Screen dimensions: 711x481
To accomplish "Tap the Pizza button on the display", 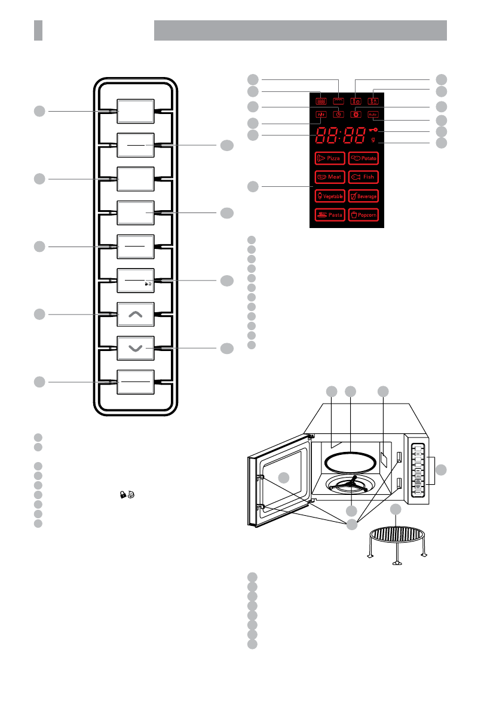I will [328, 158].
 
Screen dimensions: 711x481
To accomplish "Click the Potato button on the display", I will [363, 158].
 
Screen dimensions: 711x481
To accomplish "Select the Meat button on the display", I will [328, 177].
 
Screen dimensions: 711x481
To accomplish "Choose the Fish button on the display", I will [363, 177].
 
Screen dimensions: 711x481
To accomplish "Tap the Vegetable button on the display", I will [328, 196].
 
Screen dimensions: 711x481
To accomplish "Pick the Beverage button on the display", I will [363, 196].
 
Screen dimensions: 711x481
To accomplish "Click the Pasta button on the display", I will [328, 215].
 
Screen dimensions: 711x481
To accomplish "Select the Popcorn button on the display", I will [363, 215].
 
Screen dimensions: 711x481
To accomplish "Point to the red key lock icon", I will [375, 131].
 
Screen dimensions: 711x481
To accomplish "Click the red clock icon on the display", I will [339, 114].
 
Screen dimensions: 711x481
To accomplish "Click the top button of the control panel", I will [135, 112].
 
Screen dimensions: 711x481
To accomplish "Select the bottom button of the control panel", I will [135, 382].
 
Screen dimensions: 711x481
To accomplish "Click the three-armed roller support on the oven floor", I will [351, 486].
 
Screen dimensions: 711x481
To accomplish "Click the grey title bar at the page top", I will [301, 30].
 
